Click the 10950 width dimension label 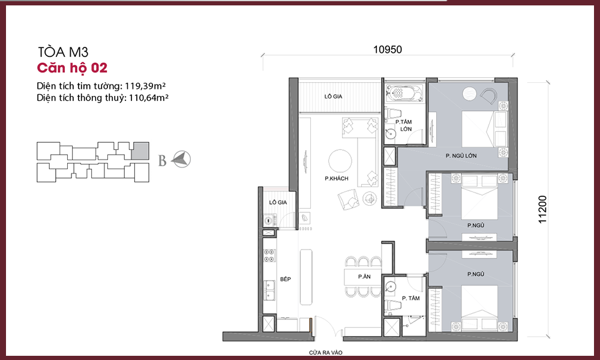[388, 50]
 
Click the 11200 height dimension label [542, 209]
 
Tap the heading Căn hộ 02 [72, 68]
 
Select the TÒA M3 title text [63, 52]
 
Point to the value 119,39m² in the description [145, 86]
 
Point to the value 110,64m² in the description [148, 98]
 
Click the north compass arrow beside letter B [181, 159]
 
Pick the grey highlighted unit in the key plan [140, 151]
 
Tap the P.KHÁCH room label [337, 178]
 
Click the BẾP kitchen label [286, 279]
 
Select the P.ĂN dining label [364, 277]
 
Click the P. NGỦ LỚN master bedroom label [461, 156]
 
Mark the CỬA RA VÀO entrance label [326, 352]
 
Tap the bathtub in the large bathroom [404, 93]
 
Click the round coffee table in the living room [340, 161]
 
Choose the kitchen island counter [306, 277]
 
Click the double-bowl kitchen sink [269, 290]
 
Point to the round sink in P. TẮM [390, 287]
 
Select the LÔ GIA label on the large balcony [333, 97]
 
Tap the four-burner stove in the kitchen [269, 256]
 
